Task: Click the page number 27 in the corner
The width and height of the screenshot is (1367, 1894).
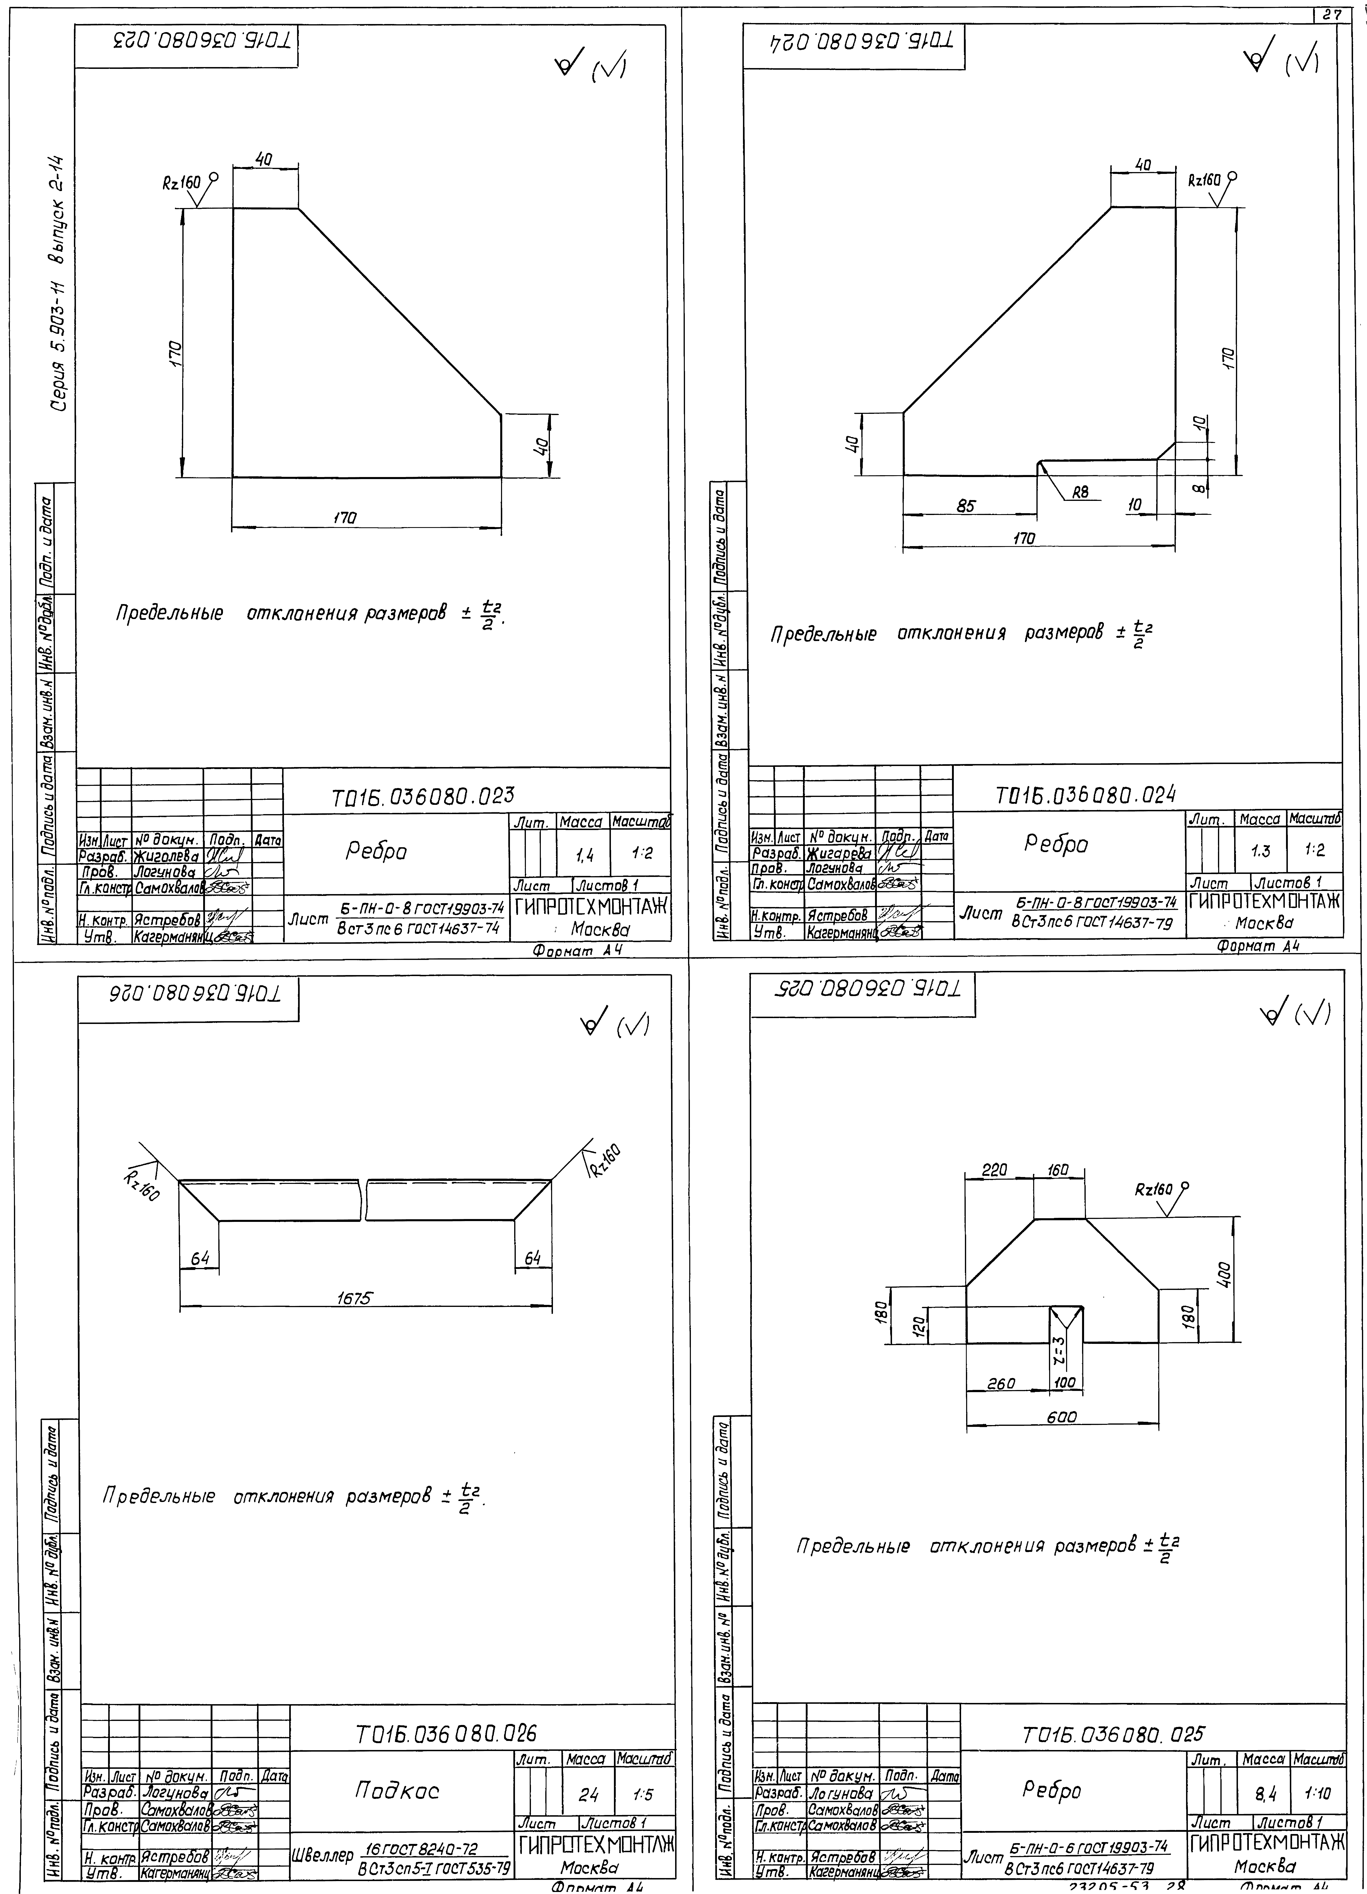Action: click(x=1333, y=14)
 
